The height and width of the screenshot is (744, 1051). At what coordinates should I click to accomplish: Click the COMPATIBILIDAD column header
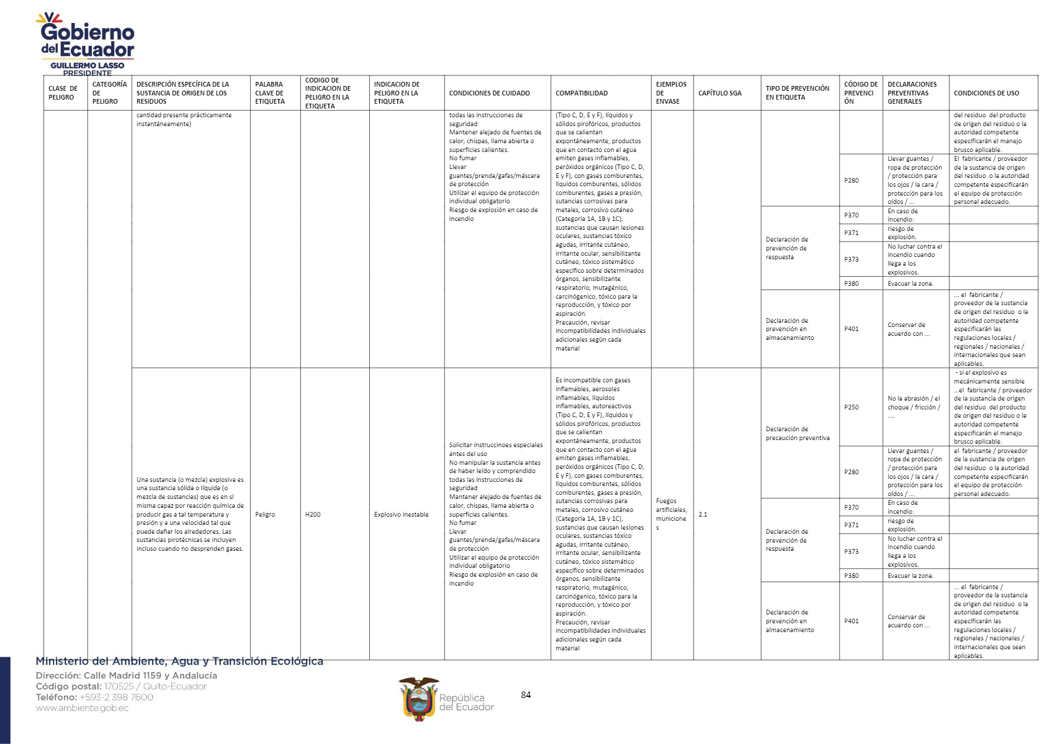(581, 93)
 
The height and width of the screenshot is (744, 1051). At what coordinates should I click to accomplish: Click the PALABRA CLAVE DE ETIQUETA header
(270, 93)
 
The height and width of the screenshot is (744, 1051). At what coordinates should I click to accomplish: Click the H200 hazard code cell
(313, 514)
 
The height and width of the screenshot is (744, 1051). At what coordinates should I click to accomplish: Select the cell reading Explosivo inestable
(401, 514)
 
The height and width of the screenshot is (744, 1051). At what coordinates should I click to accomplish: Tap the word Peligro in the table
(265, 514)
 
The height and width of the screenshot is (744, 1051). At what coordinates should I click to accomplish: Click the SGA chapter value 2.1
(702, 514)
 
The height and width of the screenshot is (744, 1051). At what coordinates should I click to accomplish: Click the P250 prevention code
(851, 407)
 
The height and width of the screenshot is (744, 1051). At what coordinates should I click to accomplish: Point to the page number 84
(526, 695)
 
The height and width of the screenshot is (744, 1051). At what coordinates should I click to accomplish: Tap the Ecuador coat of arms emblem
(419, 699)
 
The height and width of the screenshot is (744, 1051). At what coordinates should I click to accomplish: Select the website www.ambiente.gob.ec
(82, 708)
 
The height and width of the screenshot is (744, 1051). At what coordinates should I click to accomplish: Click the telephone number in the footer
(116, 697)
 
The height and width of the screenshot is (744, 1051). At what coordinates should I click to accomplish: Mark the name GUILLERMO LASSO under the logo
(87, 65)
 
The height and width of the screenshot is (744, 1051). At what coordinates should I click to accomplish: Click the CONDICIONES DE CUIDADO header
(489, 93)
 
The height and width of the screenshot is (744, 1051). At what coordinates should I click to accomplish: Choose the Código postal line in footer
(121, 686)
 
